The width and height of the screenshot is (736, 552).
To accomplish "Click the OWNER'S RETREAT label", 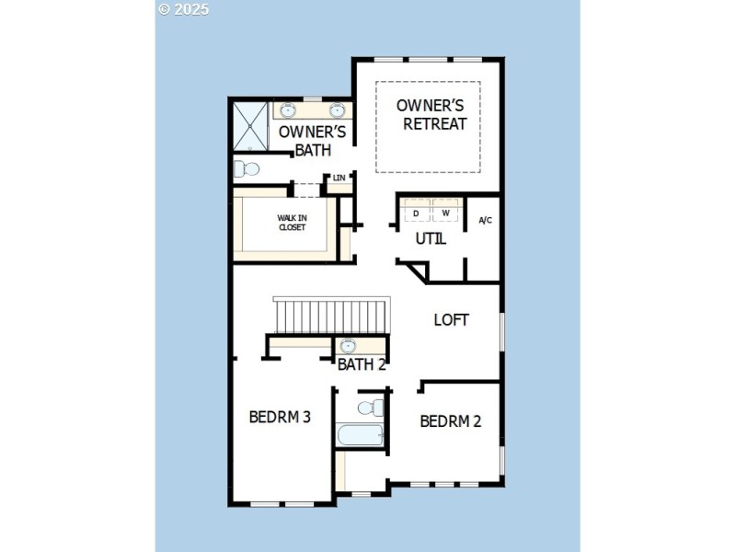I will (x=431, y=115).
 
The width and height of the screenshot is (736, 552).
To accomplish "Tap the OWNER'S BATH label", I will (x=312, y=140).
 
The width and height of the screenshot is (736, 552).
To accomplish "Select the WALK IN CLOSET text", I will (x=292, y=223).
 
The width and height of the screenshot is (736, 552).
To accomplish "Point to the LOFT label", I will (x=452, y=320).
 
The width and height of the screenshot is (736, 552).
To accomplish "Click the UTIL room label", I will (x=431, y=239).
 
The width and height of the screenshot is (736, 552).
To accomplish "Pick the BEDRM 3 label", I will (x=280, y=417).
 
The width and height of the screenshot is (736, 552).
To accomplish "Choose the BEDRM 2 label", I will (x=451, y=421).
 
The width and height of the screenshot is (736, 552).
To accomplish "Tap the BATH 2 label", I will (x=362, y=364).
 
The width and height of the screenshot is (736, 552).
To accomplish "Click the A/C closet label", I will (x=485, y=220).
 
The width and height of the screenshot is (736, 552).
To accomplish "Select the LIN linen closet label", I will (x=339, y=178).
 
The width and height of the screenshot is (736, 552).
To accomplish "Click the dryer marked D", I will (x=416, y=213).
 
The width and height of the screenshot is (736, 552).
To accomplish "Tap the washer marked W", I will (x=445, y=213).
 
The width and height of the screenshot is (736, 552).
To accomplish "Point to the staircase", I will (x=331, y=316).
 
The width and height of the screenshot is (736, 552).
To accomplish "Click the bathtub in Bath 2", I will (x=359, y=434).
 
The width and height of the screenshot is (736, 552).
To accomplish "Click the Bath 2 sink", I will (x=348, y=346).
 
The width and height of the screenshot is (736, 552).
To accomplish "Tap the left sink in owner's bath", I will (x=287, y=109).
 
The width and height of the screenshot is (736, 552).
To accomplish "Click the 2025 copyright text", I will (x=184, y=9).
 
